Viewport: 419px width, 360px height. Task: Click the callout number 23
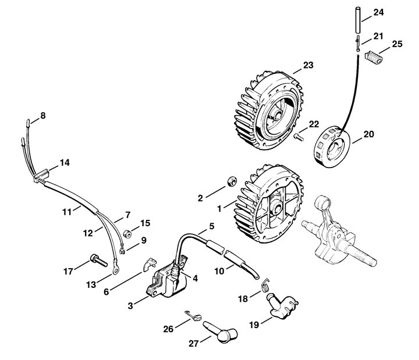coord(308,65)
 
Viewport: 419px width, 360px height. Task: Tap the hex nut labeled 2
coord(232,181)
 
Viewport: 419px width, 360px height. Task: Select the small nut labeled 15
coord(127,234)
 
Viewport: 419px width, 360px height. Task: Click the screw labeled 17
coord(98,260)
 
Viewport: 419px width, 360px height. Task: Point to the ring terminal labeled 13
coord(116,270)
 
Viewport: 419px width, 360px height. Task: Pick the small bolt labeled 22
coord(299,137)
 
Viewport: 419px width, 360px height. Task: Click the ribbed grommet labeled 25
coord(374,57)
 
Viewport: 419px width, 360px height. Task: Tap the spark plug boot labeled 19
coord(282,306)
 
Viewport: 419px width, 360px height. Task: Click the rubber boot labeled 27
coord(220,332)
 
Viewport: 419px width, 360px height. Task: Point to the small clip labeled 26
coord(193,315)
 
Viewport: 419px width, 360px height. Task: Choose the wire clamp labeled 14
coord(41,174)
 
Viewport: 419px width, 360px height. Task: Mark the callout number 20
coord(369,134)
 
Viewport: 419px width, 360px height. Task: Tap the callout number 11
coord(67,212)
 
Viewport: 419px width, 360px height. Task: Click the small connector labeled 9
coord(122,251)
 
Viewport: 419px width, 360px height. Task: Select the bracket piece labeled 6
coord(150,264)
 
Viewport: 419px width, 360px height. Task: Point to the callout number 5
coord(212,226)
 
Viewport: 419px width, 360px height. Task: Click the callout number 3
coord(130,305)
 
